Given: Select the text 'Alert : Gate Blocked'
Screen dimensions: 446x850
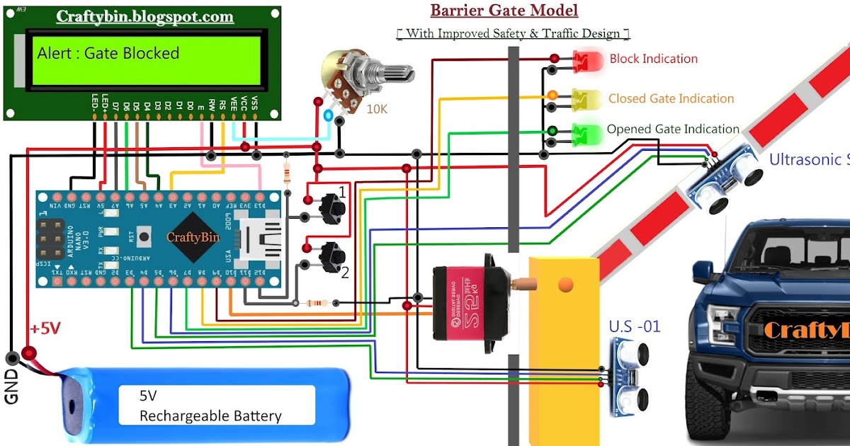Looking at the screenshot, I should [x=108, y=53].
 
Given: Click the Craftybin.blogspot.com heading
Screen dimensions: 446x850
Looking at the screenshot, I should [x=144, y=16].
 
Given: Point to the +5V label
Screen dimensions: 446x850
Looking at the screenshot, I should [x=45, y=329].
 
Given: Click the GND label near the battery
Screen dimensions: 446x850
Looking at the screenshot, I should [x=12, y=387].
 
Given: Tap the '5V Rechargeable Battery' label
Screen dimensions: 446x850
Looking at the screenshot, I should [x=210, y=405].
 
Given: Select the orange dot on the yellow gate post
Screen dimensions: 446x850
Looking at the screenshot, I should [x=565, y=285].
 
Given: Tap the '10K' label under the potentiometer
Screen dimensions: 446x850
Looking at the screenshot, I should [x=377, y=109].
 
